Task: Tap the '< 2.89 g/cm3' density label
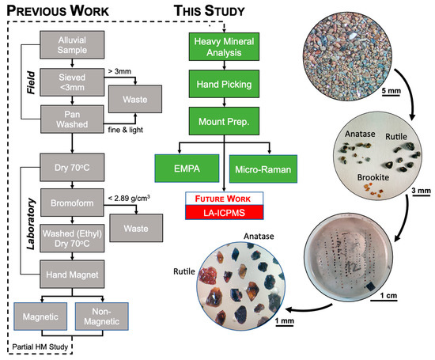click(133, 195)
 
